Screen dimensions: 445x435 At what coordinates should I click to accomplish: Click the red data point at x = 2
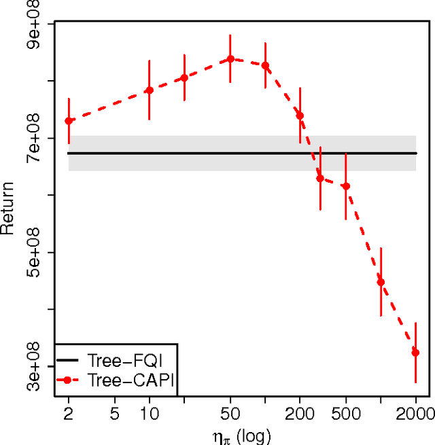pos(69,121)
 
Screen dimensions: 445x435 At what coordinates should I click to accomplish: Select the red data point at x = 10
pos(150,90)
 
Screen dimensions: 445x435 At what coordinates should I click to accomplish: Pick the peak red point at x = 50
pos(230,58)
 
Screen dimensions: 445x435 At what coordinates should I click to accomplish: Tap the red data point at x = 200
pos(300,115)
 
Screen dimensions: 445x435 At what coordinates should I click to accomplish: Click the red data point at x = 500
pos(346,186)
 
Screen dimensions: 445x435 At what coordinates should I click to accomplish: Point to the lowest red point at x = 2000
pos(415,353)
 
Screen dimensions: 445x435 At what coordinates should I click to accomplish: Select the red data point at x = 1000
pos(381,282)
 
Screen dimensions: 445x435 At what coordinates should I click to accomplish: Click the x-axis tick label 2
pos(69,412)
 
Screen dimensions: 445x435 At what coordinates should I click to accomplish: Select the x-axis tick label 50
pos(230,412)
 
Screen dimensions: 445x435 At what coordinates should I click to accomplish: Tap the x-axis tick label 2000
pos(415,412)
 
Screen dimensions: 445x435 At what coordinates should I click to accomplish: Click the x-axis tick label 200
pos(300,412)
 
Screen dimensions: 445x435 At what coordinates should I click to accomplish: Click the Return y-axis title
pos(8,208)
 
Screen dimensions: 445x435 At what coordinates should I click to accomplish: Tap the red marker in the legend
pos(67,380)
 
